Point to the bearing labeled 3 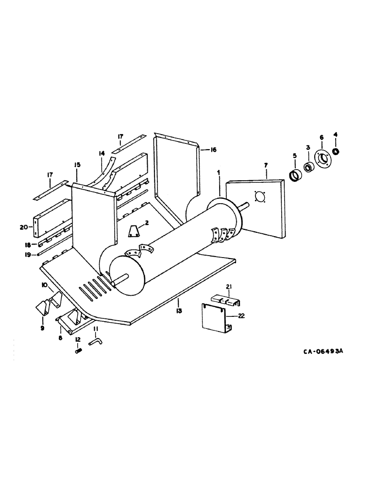point(307,168)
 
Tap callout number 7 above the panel point(266,166)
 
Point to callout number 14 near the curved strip point(102,154)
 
